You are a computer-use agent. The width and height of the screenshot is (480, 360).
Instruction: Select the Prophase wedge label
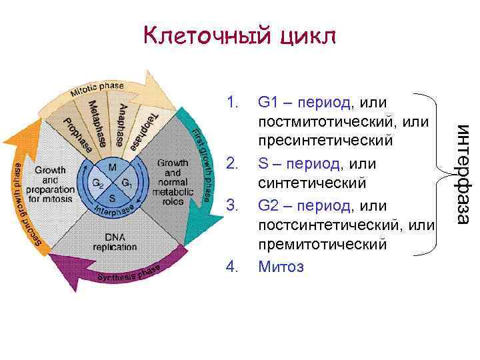pyautogui.click(x=78, y=132)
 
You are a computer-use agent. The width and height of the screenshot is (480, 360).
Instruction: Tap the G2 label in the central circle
pyautogui.click(x=97, y=183)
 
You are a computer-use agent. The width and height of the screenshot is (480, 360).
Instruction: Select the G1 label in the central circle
pyautogui.click(x=127, y=183)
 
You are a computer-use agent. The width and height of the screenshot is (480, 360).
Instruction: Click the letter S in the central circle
pyautogui.click(x=112, y=197)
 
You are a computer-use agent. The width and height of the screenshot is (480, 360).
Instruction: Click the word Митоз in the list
pyautogui.click(x=280, y=267)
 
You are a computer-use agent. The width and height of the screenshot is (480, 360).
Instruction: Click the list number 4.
pyautogui.click(x=233, y=267)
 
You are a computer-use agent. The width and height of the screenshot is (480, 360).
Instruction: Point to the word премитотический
pyautogui.click(x=322, y=246)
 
